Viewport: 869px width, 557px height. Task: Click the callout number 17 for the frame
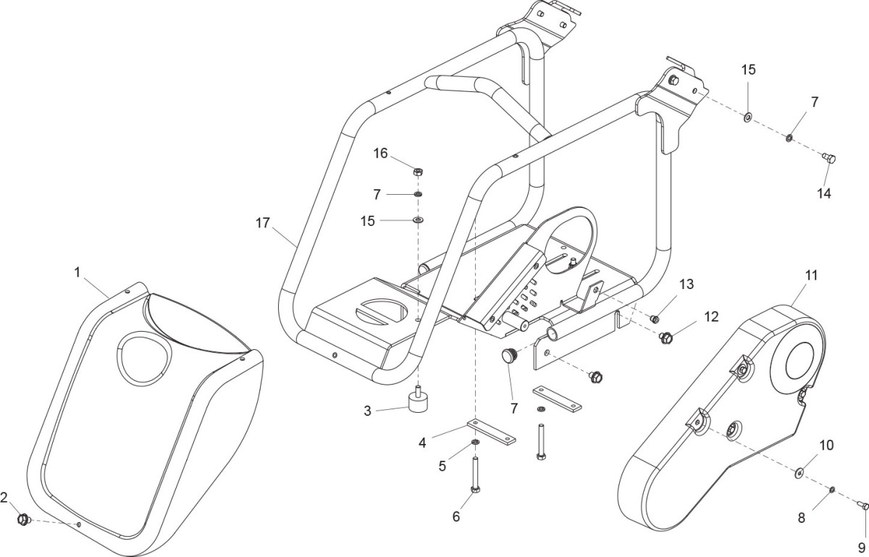(262, 222)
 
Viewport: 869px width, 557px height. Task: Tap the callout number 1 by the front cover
(77, 272)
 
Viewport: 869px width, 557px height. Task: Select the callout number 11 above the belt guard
(810, 275)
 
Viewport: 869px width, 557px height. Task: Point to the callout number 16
(381, 153)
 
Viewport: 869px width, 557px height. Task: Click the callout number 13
(686, 284)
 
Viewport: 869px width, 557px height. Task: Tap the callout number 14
(824, 193)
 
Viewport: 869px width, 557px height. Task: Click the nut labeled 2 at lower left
(23, 519)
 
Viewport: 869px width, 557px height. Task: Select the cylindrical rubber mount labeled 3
(417, 401)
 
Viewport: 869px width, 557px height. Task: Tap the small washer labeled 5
(475, 443)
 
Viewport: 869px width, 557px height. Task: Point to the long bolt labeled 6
(475, 474)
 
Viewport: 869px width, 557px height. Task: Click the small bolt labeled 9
(862, 505)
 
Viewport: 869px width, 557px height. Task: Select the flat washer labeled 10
(799, 473)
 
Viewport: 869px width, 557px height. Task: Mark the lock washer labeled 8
(834, 490)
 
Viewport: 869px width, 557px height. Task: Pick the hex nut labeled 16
(418, 172)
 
